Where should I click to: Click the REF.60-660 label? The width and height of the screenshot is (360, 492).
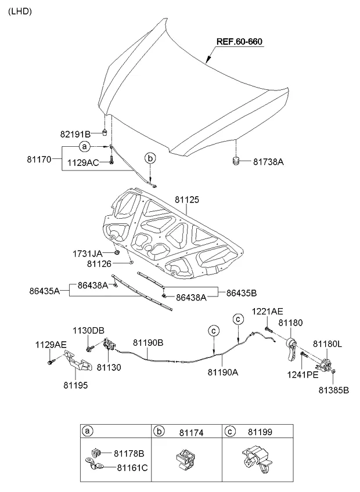click(239, 42)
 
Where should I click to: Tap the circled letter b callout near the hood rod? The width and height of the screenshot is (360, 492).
click(150, 158)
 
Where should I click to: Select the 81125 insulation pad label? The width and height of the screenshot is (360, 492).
click(187, 200)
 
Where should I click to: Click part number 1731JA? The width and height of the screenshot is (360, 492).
click(87, 253)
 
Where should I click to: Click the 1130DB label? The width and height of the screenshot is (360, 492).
click(88, 330)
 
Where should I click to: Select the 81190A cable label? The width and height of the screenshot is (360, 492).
click(223, 372)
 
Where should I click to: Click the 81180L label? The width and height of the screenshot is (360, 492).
click(328, 343)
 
